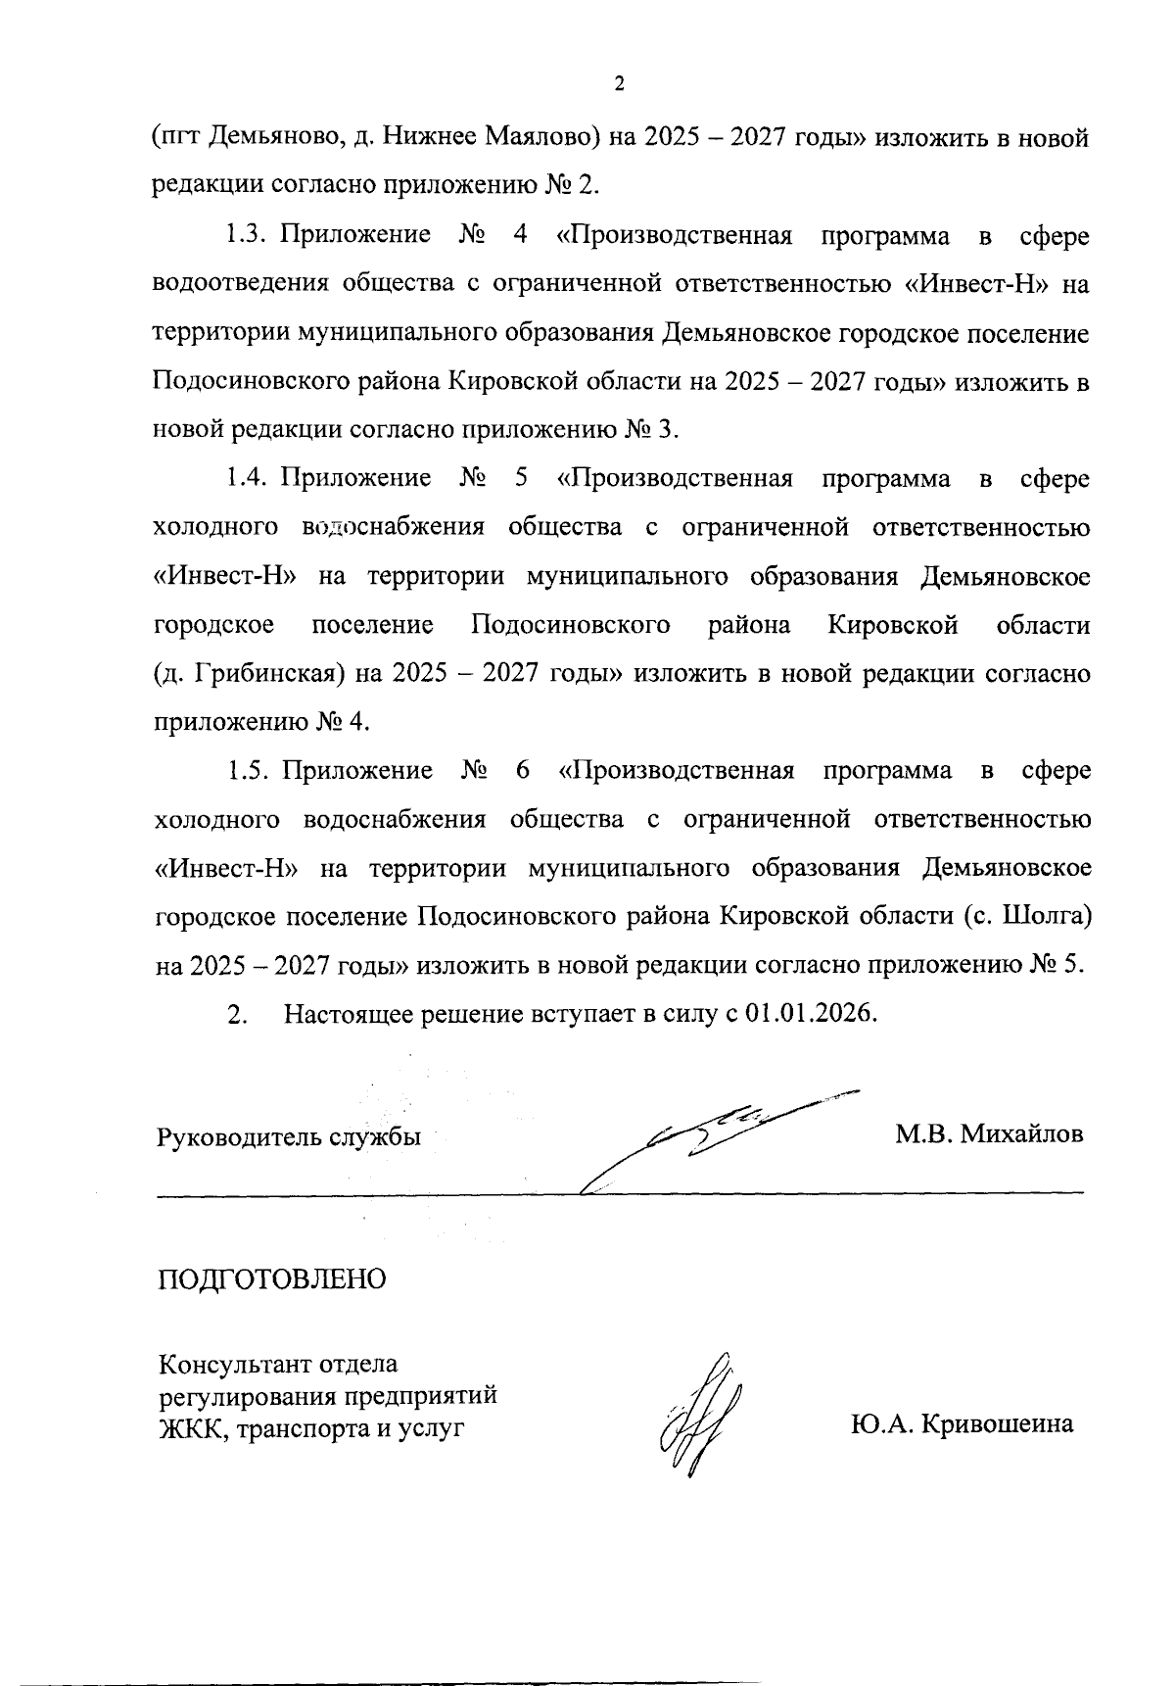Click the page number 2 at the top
pyautogui.click(x=618, y=84)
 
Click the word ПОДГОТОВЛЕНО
pyautogui.click(x=271, y=1278)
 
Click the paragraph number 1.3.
pyautogui.click(x=247, y=235)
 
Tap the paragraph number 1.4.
pyautogui.click(x=247, y=478)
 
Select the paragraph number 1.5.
pyautogui.click(x=248, y=770)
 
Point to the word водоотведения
pyautogui.click(x=239, y=284)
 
